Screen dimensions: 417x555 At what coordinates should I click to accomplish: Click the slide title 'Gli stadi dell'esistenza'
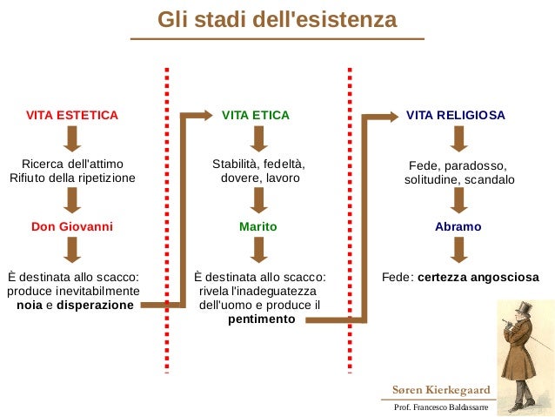[x=277, y=19]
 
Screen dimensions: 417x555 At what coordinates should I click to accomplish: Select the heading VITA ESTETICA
[x=72, y=115]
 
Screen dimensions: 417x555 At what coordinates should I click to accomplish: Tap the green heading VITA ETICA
[x=256, y=115]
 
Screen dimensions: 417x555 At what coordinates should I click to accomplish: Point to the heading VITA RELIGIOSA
[x=456, y=115]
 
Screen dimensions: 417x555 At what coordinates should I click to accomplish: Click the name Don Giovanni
[x=72, y=226]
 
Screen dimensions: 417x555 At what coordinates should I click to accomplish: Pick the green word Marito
[x=257, y=226]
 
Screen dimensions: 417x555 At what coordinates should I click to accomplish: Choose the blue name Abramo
[x=458, y=226]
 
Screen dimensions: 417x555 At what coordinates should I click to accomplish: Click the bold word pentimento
[x=261, y=319]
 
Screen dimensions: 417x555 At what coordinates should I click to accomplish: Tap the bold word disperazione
[x=96, y=306]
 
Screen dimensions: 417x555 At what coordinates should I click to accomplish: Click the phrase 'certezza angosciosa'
[x=478, y=278]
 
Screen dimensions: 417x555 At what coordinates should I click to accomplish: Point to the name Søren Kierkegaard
[x=441, y=389]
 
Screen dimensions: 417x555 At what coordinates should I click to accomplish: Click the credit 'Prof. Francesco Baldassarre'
[x=441, y=407]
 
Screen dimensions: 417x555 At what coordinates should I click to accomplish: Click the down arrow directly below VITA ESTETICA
[x=72, y=138]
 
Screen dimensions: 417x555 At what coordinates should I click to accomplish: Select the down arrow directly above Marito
[x=258, y=200]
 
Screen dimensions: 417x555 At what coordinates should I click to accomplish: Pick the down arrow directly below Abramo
[x=458, y=250]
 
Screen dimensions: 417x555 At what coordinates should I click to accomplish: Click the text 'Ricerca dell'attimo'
[x=72, y=164]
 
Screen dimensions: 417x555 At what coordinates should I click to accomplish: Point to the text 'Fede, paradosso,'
[x=458, y=165]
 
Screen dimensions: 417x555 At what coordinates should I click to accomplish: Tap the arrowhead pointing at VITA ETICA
[x=207, y=115]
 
